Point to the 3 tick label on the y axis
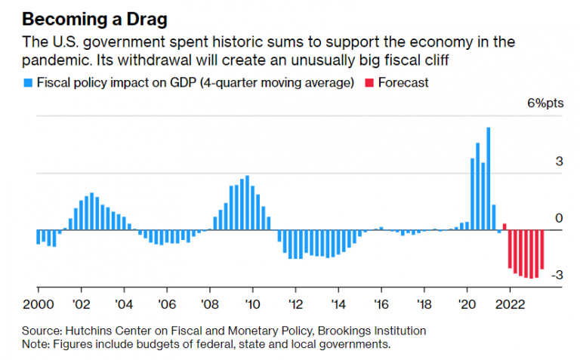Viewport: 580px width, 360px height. pyautogui.click(x=559, y=162)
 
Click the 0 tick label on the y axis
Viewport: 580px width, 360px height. pyautogui.click(x=560, y=219)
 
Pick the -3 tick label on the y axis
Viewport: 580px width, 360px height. pyautogui.click(x=556, y=275)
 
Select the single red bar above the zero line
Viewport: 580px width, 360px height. pyautogui.click(x=504, y=226)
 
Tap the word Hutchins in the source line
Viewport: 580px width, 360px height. pyautogui.click(x=98, y=331)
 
